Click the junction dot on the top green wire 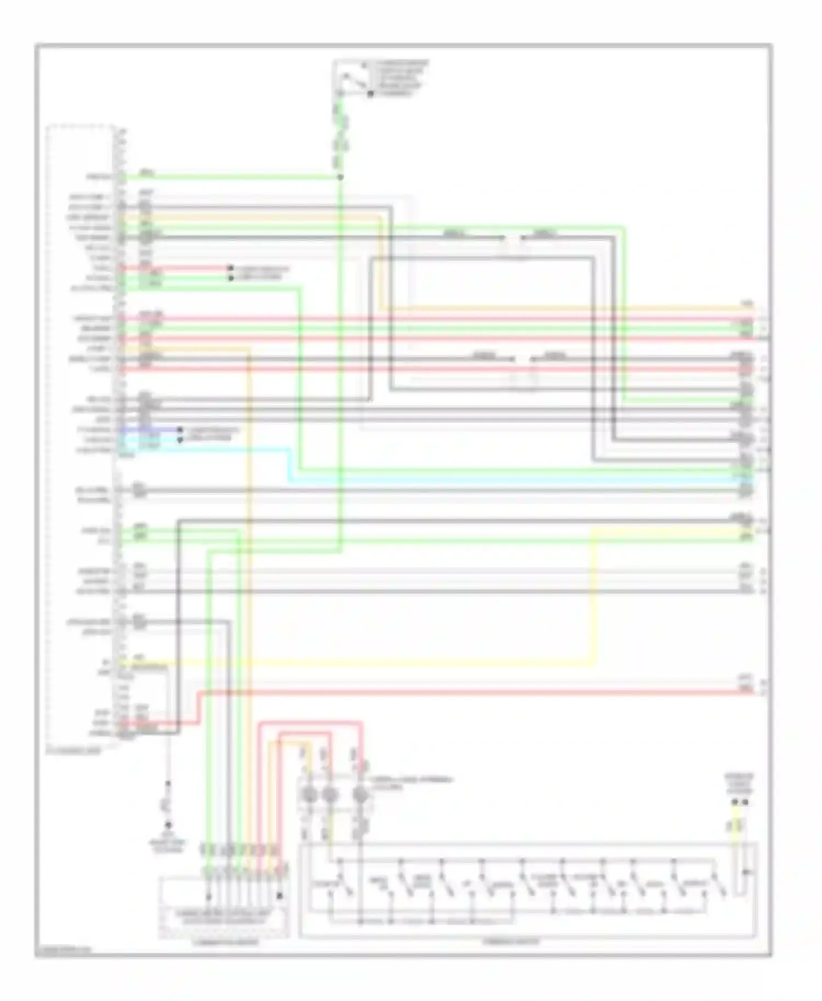tap(340, 177)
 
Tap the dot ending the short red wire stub tap(231, 268)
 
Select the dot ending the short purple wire tap(180, 430)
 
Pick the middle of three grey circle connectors tap(329, 795)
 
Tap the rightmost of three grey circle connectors tap(360, 795)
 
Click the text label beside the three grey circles tap(411, 783)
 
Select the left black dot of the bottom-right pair tap(735, 803)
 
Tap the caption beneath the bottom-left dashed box tap(225, 943)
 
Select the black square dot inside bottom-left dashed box tap(279, 896)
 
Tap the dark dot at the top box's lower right tap(370, 94)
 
